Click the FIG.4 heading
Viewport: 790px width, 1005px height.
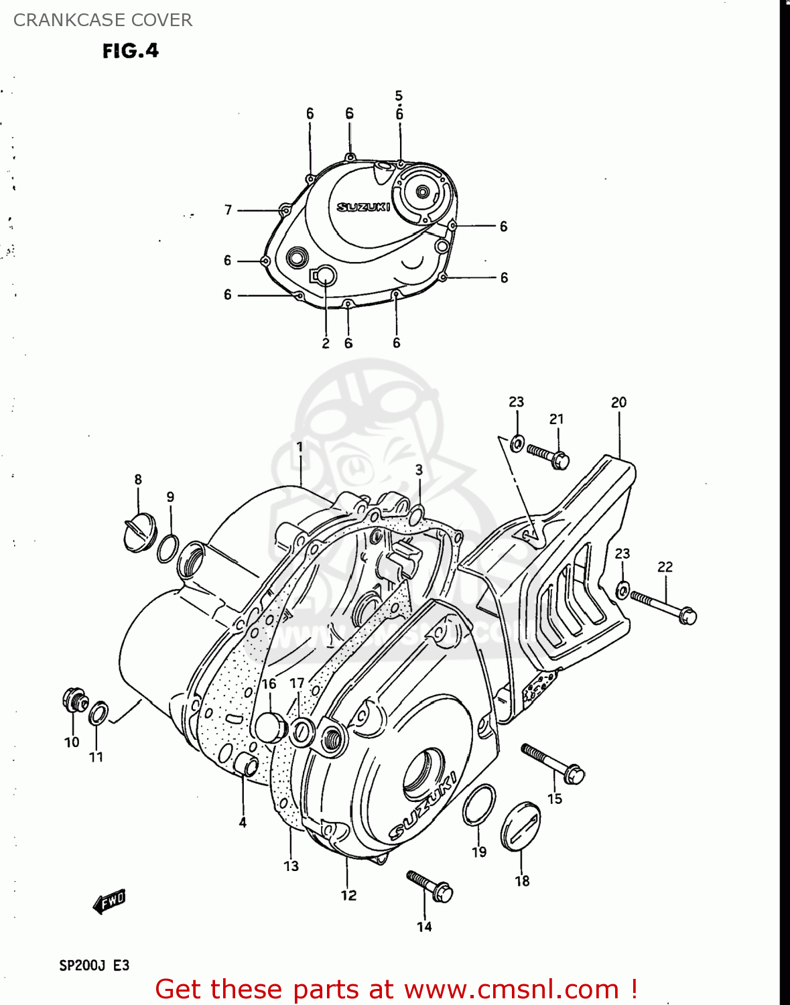coord(131,51)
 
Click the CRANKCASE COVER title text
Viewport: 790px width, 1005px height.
coord(103,20)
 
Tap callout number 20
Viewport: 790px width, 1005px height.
coord(618,402)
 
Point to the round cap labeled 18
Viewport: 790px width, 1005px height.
coord(521,825)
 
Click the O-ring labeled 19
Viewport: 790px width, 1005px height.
coord(479,805)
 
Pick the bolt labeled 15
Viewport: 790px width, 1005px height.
coord(553,763)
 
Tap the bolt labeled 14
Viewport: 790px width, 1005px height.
coord(430,886)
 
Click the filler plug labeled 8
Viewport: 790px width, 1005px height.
coord(139,533)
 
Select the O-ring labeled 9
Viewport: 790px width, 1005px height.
coord(168,549)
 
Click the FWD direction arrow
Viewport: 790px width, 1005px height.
coord(109,902)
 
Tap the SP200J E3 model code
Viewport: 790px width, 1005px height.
coord(94,965)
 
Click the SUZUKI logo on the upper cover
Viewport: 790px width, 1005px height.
coord(363,207)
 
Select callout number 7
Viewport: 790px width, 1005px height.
coord(228,210)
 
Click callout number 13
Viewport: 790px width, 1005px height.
coord(291,866)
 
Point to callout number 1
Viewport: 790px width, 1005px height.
coord(300,447)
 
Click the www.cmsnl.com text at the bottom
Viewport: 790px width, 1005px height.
coord(511,990)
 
